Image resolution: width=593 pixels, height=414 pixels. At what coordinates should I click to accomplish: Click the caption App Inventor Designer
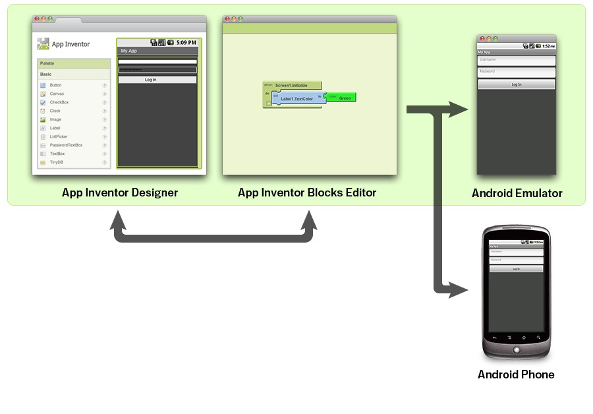(x=120, y=192)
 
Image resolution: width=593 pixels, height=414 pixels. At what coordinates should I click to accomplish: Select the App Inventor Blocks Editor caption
(x=307, y=192)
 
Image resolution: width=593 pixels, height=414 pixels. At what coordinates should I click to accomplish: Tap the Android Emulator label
(x=517, y=193)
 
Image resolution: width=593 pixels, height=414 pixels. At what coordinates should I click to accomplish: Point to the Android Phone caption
(x=516, y=374)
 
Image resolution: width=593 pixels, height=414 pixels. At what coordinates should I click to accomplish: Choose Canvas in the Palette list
(x=57, y=94)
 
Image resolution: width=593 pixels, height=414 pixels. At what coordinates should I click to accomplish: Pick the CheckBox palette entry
(x=59, y=102)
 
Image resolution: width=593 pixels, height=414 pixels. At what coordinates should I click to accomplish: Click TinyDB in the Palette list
(x=56, y=162)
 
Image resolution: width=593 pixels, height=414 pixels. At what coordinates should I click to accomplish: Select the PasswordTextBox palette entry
(x=66, y=145)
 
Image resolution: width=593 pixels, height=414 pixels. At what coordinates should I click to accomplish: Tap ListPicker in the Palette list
(x=59, y=136)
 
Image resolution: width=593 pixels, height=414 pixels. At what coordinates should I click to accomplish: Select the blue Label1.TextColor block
(x=296, y=99)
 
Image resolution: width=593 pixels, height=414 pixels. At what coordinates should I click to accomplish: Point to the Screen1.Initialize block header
(x=292, y=85)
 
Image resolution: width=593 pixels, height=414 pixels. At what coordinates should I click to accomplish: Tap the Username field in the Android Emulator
(x=517, y=60)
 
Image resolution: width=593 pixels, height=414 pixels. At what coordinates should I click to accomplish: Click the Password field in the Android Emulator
(x=517, y=72)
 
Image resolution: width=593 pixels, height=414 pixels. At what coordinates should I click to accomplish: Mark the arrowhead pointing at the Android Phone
(x=459, y=289)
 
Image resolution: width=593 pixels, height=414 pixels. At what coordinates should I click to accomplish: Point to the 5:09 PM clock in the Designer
(x=186, y=42)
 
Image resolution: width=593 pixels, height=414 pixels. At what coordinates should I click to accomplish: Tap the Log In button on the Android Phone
(x=516, y=268)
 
